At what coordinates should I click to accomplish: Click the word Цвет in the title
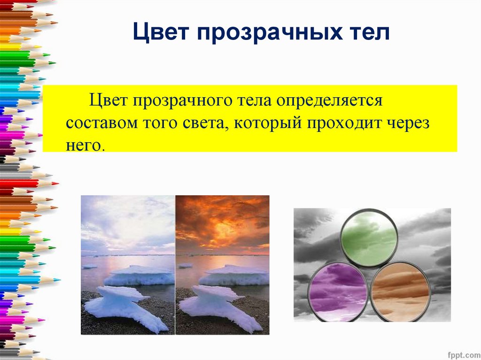[160, 34]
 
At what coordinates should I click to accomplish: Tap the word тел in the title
[369, 34]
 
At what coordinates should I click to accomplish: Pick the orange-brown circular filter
[401, 291]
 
